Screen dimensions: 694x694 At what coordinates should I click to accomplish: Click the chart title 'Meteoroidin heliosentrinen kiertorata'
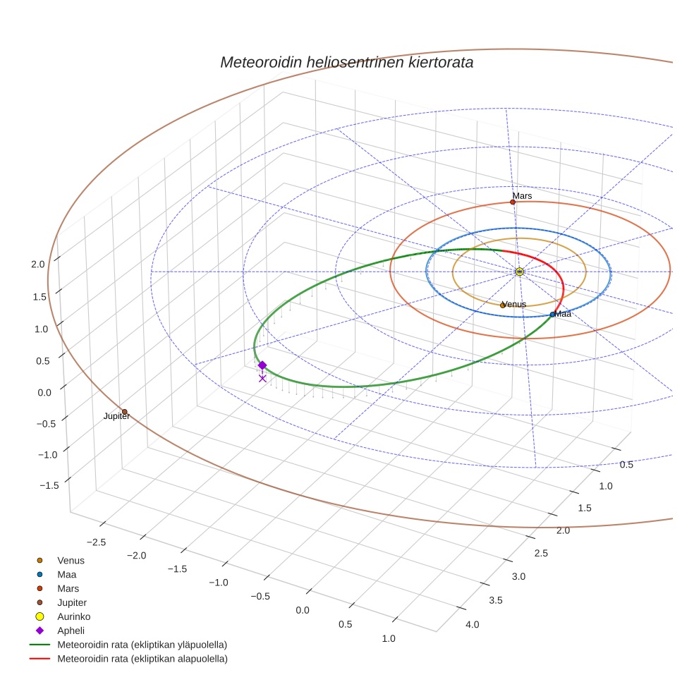(346, 62)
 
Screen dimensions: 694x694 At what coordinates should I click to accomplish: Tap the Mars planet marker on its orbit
(513, 202)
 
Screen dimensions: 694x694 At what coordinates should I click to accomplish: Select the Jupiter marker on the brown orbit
(125, 412)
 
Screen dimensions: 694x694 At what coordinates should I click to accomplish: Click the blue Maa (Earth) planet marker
(552, 315)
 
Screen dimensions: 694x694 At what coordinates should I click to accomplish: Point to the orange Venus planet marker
(503, 305)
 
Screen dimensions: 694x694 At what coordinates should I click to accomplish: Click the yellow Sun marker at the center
(520, 272)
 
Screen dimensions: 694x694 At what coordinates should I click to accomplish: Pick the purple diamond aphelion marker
(262, 365)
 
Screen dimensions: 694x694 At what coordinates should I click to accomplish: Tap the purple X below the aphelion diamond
(262, 379)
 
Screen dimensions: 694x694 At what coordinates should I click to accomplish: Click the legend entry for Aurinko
(73, 616)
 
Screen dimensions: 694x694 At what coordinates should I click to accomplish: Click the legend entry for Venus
(71, 561)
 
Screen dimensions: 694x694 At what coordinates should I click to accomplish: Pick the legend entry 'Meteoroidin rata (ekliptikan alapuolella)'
(142, 659)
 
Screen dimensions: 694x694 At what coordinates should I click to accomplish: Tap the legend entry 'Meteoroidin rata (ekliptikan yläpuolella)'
(142, 645)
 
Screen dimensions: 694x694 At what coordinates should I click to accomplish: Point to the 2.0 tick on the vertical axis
(37, 264)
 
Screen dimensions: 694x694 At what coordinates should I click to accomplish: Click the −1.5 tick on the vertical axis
(48, 485)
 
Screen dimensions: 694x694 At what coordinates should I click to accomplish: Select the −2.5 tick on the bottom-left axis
(96, 542)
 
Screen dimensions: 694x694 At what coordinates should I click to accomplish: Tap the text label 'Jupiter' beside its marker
(116, 417)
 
